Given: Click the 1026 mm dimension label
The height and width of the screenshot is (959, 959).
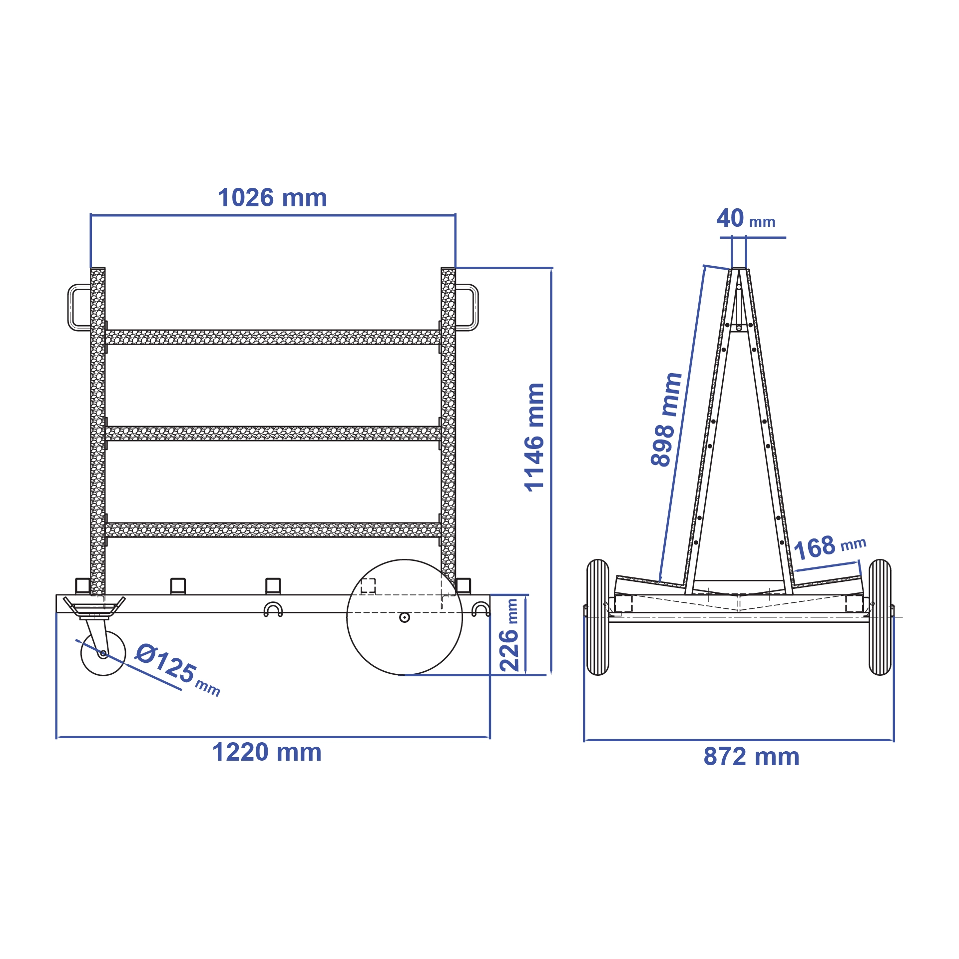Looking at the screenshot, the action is coord(272,198).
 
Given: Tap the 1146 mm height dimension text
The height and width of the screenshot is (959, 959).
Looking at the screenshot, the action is coord(534,438).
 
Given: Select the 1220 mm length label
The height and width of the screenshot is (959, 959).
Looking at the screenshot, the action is coord(267,752).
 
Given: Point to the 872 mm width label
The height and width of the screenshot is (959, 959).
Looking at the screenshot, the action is coord(751,756).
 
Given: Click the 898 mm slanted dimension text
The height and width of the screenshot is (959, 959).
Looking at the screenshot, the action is coord(666,420).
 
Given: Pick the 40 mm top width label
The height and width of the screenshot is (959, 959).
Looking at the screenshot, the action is coord(746,219).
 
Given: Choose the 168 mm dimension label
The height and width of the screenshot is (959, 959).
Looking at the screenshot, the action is coord(830,547).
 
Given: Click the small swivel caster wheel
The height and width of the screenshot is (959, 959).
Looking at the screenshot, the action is coord(103,653).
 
